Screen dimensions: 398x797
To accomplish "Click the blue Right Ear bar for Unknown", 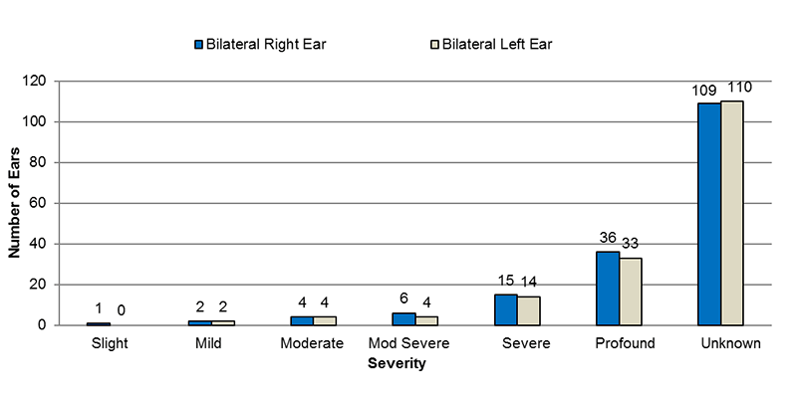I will tap(709, 214).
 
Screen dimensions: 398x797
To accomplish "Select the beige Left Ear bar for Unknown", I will tap(732, 213).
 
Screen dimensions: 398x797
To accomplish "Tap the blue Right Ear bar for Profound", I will tap(608, 289).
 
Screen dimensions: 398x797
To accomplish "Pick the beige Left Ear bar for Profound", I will tap(631, 292).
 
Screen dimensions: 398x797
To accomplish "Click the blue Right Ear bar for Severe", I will tap(505, 309).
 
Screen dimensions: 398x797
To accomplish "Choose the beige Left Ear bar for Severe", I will tap(528, 310).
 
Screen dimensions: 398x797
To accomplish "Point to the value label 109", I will tap(705, 91).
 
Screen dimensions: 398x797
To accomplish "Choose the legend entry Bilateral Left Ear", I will tap(490, 44).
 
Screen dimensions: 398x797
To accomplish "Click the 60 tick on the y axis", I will tap(42, 203).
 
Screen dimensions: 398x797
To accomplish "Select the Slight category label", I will tap(109, 344).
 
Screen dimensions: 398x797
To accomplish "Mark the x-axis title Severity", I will tap(397, 364).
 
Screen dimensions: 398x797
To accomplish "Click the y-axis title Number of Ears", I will tap(15, 203).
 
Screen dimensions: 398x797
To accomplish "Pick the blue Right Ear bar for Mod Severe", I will tap(403, 318).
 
